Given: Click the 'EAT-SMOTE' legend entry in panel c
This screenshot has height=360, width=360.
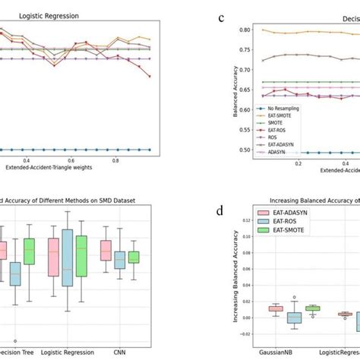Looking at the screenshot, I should pyautogui.click(x=275, y=118).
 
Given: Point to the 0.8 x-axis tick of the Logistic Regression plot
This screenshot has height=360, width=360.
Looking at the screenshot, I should pyautogui.click(x=115, y=160).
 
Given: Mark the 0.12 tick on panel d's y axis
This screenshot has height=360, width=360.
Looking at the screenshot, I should pyautogui.click(x=242, y=221).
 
